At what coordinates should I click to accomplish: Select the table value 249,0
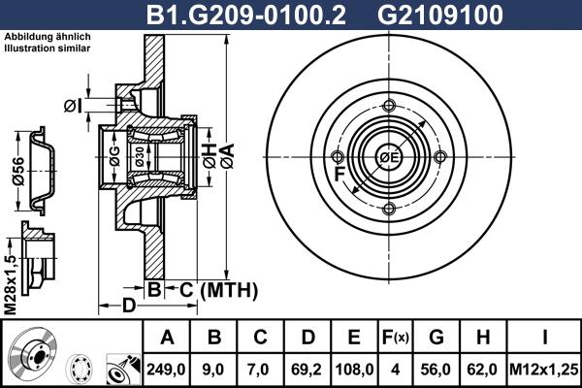click(167, 370)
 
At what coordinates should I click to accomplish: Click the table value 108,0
click(354, 370)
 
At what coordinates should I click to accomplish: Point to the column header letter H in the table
click(482, 338)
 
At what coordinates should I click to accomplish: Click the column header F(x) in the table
click(398, 338)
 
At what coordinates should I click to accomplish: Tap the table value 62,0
click(482, 370)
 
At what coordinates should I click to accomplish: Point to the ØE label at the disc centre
click(390, 157)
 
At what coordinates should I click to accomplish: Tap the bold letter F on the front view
click(340, 175)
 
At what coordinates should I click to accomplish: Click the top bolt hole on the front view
click(389, 105)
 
